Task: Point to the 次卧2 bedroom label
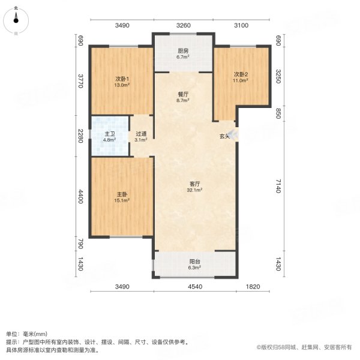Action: pyautogui.click(x=241, y=74)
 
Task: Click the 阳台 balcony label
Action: pyautogui.click(x=194, y=262)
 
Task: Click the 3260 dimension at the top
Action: pyautogui.click(x=183, y=25)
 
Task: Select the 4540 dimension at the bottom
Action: pyautogui.click(x=194, y=287)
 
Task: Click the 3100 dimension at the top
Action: pyautogui.click(x=241, y=25)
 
